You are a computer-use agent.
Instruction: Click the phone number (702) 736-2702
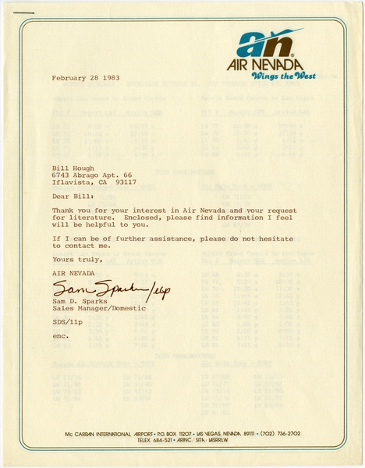268,434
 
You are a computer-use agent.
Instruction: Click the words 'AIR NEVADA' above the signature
71,274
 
